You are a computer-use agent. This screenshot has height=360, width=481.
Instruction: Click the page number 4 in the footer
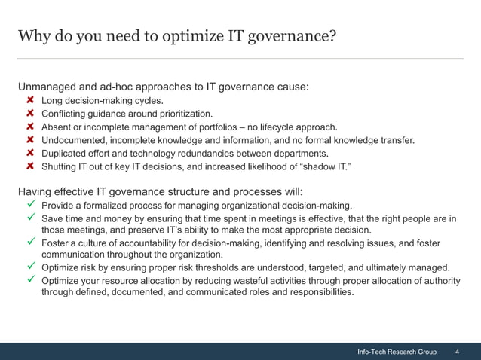pyautogui.click(x=458, y=352)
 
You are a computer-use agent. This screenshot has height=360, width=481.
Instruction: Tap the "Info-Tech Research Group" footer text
pyautogui.click(x=397, y=352)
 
